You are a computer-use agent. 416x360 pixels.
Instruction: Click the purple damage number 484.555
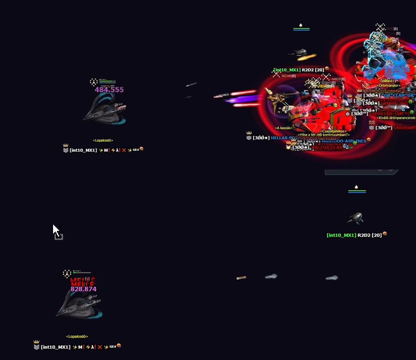point(109,90)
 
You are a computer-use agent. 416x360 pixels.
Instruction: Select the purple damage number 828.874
point(84,289)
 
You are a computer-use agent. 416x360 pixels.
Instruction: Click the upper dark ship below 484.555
point(105,109)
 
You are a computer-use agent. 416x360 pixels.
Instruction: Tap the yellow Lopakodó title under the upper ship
point(103,140)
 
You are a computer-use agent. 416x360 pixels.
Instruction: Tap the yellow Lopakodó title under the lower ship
point(77,337)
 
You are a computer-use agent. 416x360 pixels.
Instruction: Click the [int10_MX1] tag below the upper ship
point(83,150)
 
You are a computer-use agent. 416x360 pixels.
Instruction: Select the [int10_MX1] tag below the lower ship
point(55,347)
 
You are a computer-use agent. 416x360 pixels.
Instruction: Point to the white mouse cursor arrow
point(56,230)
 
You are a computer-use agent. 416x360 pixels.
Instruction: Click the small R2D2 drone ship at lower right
point(356,217)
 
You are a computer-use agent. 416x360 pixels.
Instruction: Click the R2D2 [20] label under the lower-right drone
point(369,235)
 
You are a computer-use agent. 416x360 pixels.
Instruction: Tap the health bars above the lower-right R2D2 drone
point(357,191)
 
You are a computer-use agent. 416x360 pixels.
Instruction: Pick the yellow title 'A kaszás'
point(283,128)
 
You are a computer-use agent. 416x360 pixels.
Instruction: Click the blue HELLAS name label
point(283,138)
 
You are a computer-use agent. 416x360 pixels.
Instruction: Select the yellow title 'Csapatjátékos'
point(333,131)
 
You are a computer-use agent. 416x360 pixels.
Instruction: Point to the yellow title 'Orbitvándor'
point(377,86)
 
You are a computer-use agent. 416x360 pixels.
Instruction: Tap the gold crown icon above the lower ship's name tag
point(37,342)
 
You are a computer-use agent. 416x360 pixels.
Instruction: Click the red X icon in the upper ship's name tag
point(124,150)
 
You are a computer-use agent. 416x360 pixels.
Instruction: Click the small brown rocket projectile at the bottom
point(241,278)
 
